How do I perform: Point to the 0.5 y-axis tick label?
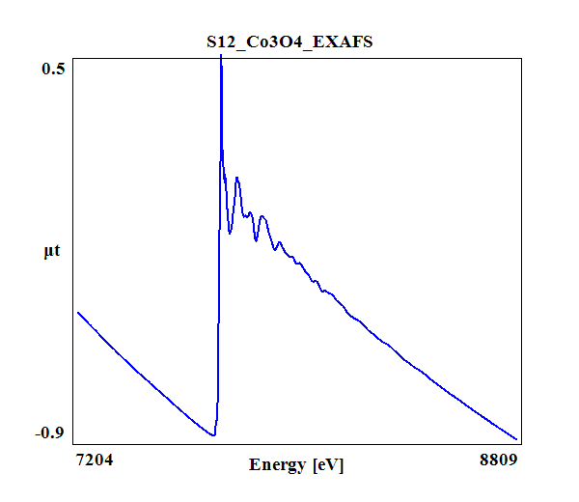[53, 69]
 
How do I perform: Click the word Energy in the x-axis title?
[279, 464]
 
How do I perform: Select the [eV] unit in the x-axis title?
[328, 464]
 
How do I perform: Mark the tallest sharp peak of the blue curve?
[221, 58]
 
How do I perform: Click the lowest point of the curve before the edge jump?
[212, 435]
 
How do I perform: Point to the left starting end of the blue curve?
[78, 313]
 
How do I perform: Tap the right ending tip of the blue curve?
[517, 438]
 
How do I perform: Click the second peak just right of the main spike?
[236, 179]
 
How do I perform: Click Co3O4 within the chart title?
[283, 42]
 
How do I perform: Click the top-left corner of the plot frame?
[74, 57]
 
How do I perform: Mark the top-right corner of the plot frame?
[520, 57]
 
